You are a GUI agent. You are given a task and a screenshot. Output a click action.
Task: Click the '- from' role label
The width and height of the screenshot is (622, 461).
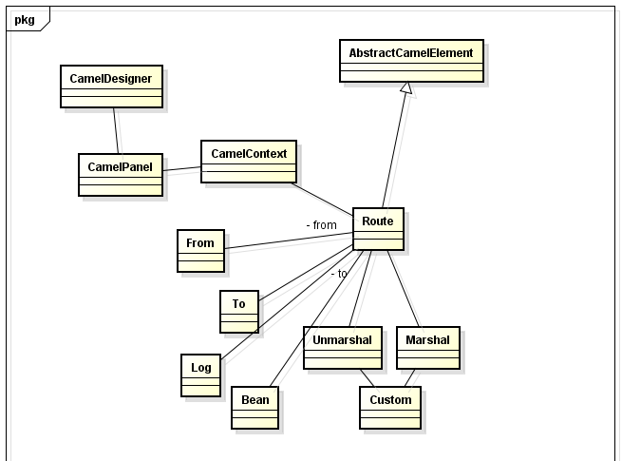point(321,225)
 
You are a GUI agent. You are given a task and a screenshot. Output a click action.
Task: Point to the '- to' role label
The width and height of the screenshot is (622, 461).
point(339,273)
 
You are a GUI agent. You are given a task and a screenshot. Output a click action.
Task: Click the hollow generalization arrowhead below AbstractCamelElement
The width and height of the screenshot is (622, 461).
point(406,87)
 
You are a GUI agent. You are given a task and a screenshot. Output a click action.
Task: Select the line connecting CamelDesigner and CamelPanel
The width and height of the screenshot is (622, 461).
point(116,130)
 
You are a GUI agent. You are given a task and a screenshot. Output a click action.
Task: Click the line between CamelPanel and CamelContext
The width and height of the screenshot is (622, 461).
point(181,170)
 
